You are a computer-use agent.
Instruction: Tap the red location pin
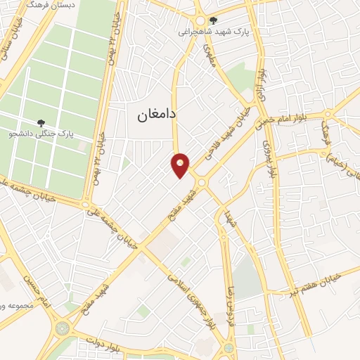tap(181, 165)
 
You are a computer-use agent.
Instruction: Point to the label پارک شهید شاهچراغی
tap(212, 32)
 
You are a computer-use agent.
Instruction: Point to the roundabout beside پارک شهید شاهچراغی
tap(200, 20)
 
